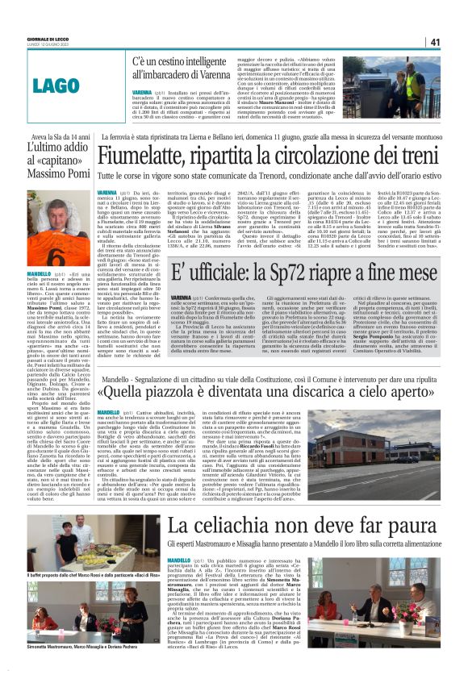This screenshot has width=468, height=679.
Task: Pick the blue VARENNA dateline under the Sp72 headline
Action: click(x=186, y=298)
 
